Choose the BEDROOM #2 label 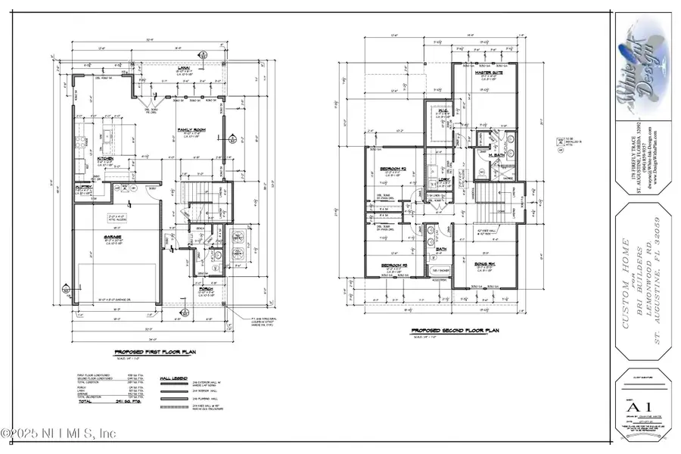pyautogui.click(x=394, y=169)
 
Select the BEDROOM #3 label pyautogui.click(x=394, y=265)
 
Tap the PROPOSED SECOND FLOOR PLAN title pyautogui.click(x=446, y=331)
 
